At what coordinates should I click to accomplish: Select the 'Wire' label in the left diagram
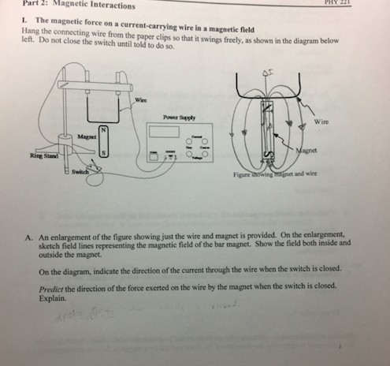141,99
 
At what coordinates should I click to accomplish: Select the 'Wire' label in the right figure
321,122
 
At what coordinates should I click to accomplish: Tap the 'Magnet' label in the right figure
306,152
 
